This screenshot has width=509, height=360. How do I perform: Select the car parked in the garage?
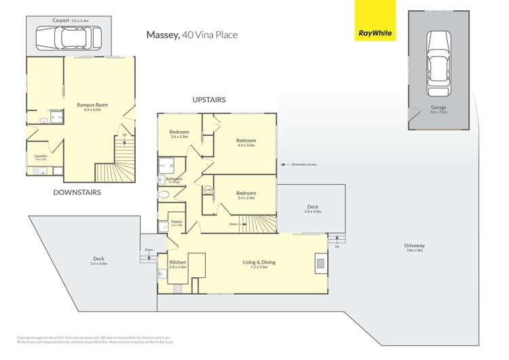tap(437, 66)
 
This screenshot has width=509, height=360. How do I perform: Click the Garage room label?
tap(438, 108)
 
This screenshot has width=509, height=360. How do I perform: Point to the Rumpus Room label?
tap(92, 105)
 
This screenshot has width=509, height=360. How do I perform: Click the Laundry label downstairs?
tap(41, 156)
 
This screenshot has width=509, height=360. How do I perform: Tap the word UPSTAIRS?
tap(208, 100)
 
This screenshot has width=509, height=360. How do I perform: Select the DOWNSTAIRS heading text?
tap(77, 192)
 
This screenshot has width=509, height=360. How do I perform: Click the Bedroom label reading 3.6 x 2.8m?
tap(179, 132)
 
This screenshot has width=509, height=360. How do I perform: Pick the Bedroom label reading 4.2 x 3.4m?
tap(246, 141)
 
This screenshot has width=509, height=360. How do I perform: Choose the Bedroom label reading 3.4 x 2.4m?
tap(246, 194)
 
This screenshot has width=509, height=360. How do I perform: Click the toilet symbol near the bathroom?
tap(164, 195)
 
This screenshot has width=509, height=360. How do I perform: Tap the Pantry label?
tap(176, 221)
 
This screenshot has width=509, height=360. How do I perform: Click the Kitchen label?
tap(177, 262)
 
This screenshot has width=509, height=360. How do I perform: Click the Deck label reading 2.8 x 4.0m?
tap(312, 207)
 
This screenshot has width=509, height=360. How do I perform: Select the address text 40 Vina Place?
tap(210, 35)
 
